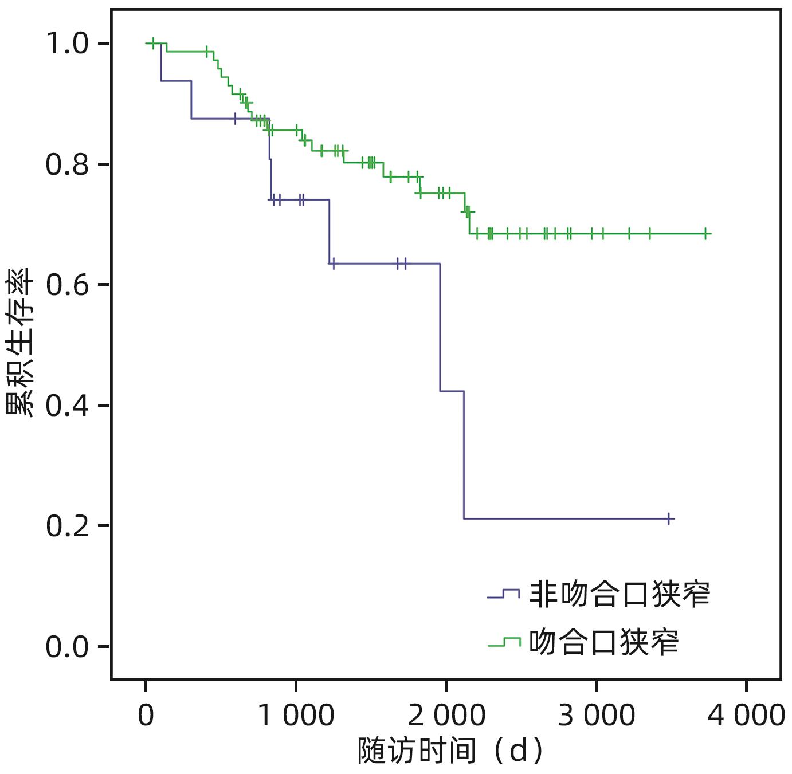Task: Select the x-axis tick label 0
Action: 146,715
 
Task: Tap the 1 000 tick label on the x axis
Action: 296,715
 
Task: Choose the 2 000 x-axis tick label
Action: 446,715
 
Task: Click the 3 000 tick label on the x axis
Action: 596,715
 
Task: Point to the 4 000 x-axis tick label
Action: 746,715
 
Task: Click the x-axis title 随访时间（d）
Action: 450,751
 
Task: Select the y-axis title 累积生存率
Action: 20,344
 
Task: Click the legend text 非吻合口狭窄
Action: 619,594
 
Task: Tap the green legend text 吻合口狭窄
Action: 603,642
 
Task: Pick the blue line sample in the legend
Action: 503,594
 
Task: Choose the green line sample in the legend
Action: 503,642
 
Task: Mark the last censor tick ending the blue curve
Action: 668,519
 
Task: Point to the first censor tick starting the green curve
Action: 152,43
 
